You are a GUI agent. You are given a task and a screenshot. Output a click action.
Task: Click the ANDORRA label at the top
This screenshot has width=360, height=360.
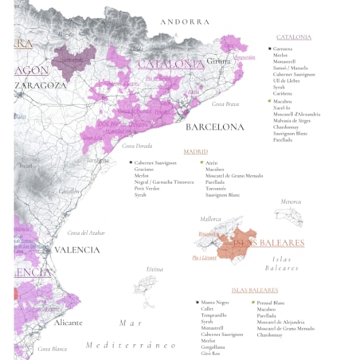[x=185, y=22]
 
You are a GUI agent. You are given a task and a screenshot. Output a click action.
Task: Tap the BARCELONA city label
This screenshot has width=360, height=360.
[x=215, y=127]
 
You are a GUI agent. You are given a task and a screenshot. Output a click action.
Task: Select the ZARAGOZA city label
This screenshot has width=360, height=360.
[x=41, y=84]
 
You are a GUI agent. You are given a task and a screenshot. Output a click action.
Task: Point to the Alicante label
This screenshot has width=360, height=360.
[x=68, y=323]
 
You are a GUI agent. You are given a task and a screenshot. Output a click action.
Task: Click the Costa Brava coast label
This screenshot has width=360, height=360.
[x=225, y=104]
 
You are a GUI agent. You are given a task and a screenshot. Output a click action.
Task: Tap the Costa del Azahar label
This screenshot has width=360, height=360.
[x=87, y=233]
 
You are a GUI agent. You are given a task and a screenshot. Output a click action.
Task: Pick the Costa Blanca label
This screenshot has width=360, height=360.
[x=53, y=348]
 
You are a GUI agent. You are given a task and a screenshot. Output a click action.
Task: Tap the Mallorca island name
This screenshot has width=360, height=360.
[x=210, y=218]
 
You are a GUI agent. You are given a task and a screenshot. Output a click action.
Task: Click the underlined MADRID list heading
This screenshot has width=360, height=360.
[x=195, y=151]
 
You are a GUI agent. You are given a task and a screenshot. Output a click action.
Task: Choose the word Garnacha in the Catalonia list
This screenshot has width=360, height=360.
[x=283, y=48]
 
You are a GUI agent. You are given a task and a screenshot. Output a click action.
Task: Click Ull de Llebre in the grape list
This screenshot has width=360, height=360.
[x=288, y=80]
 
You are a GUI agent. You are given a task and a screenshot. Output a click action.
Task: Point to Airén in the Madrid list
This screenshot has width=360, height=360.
[x=212, y=162]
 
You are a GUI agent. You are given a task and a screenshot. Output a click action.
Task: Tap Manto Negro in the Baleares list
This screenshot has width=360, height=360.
[x=215, y=303]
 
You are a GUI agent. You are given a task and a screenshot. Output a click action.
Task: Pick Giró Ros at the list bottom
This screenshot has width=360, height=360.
[x=212, y=353]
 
